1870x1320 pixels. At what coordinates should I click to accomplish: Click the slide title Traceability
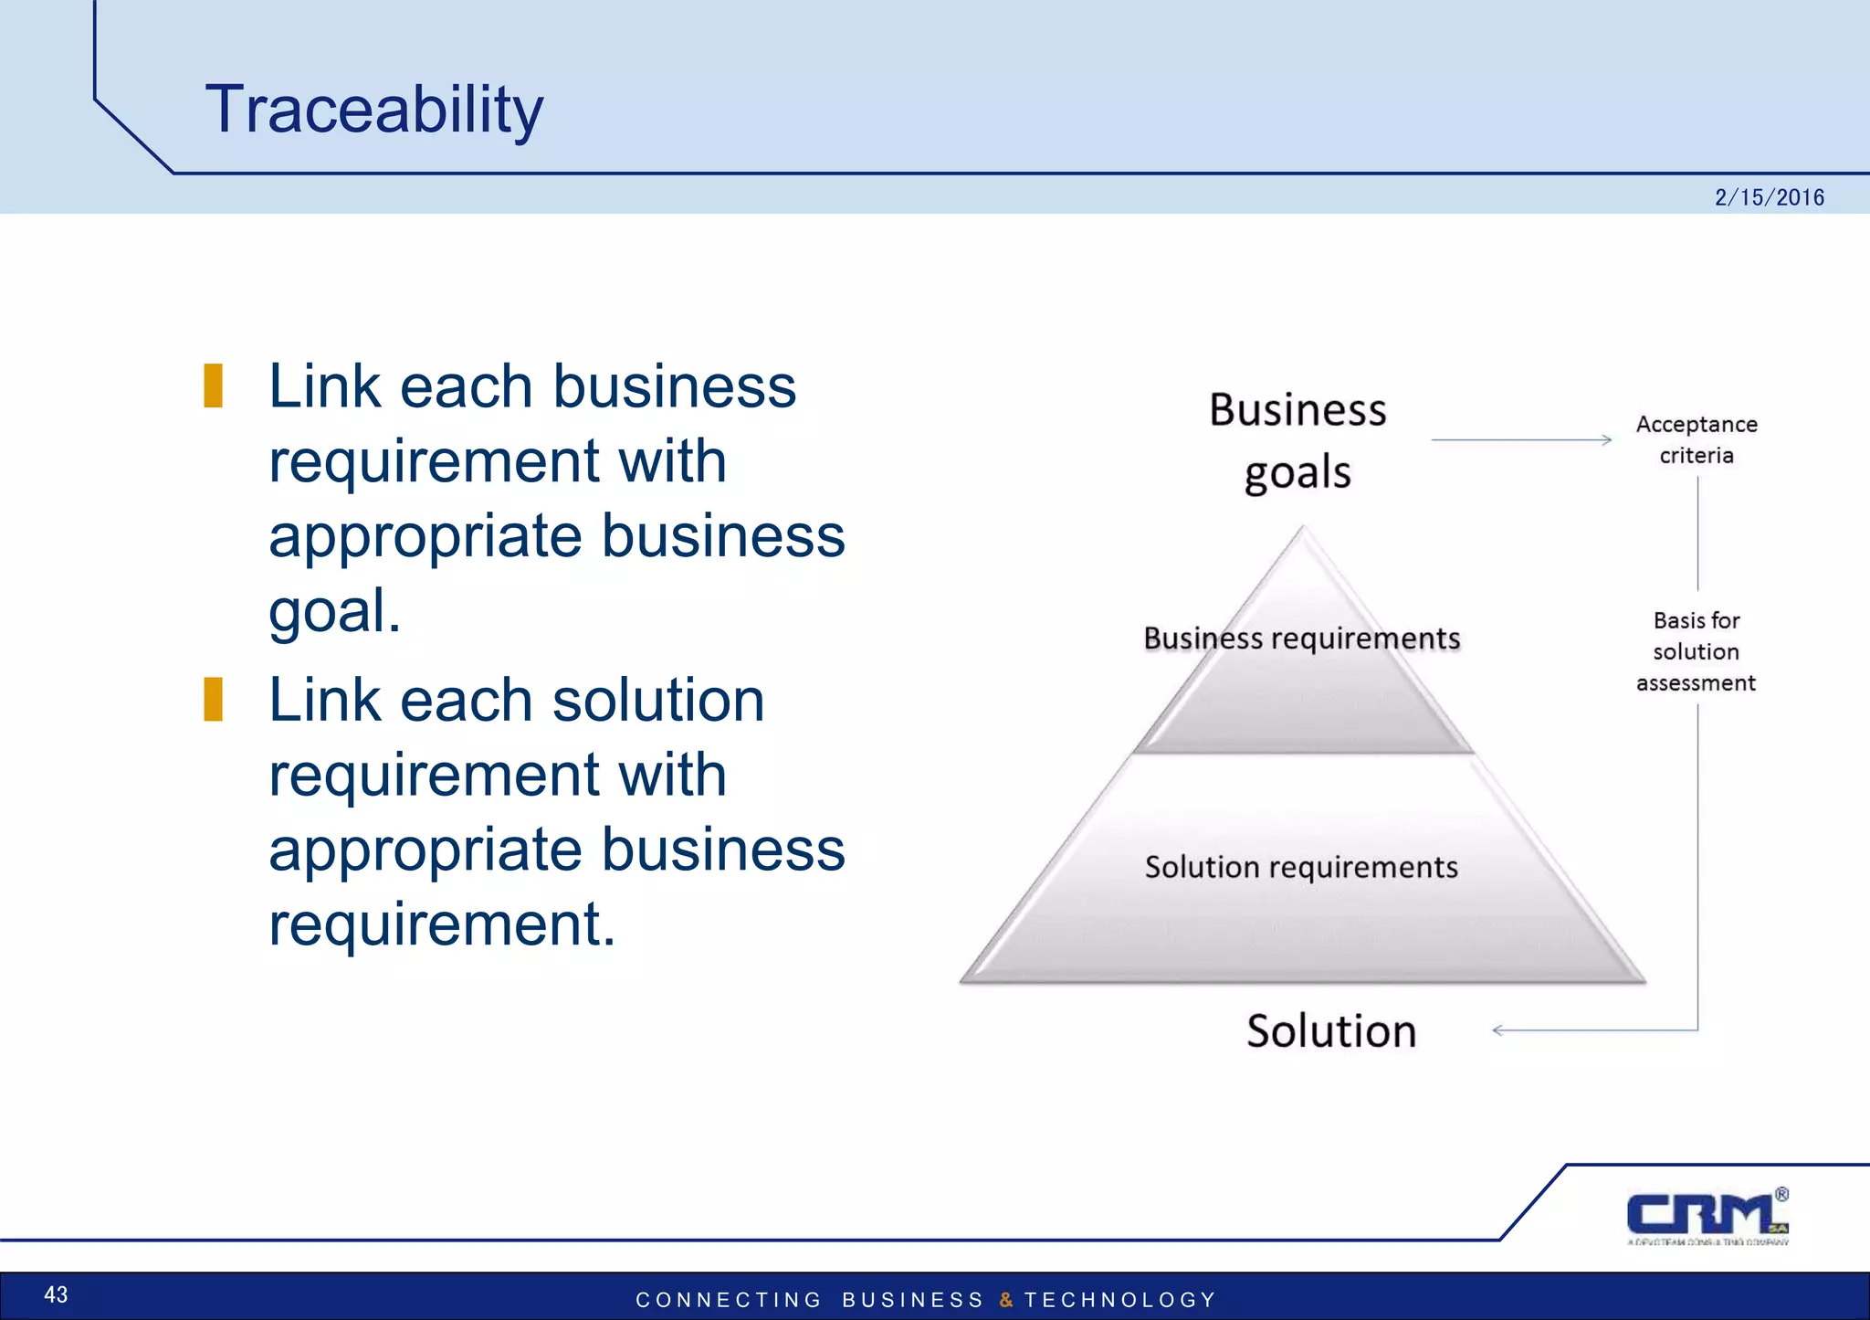373,110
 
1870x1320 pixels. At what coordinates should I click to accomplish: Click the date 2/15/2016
1769,197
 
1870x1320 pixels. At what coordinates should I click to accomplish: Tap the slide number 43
56,1294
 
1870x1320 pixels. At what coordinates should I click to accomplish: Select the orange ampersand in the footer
1005,1300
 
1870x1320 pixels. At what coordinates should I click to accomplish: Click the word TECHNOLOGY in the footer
1120,1300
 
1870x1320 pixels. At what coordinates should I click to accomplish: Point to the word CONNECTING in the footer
729,1300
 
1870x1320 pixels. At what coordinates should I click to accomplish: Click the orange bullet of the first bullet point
214,385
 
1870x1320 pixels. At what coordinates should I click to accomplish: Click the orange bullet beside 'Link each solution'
214,700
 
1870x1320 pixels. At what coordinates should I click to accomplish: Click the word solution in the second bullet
657,701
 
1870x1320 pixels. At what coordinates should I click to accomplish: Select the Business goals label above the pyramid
1297,440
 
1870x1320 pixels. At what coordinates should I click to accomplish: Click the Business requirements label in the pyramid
1301,638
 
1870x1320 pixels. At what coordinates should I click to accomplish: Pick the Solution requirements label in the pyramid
1301,867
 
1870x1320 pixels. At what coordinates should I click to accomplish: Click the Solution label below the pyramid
1330,1030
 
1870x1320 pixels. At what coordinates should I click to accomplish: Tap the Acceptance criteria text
1697,439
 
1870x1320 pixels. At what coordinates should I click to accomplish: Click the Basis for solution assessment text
1696,651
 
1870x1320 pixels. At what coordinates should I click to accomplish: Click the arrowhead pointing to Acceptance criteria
1606,440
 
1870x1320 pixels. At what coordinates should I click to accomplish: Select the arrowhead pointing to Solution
1498,1030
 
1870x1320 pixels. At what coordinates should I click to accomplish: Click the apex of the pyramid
1303,530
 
